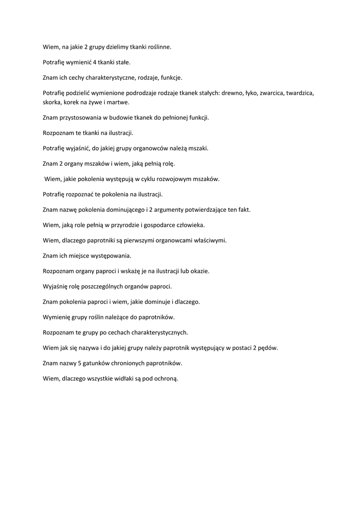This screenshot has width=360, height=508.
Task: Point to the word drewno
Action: [x=231, y=93]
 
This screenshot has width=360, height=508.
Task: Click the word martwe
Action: [x=118, y=102]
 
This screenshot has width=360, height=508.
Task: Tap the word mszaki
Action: [x=197, y=148]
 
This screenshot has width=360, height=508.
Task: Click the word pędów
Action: [x=269, y=348]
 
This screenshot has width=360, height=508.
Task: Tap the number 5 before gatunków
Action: [x=80, y=363]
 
